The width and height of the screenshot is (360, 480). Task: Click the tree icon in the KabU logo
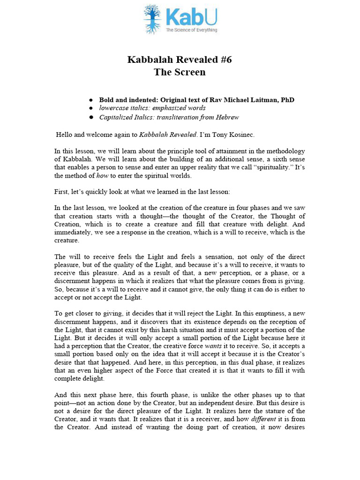pos(152,19)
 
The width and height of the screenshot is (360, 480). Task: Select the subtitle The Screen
pos(180,72)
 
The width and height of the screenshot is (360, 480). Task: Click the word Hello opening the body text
pos(65,135)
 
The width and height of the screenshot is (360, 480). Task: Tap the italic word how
pos(103,176)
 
